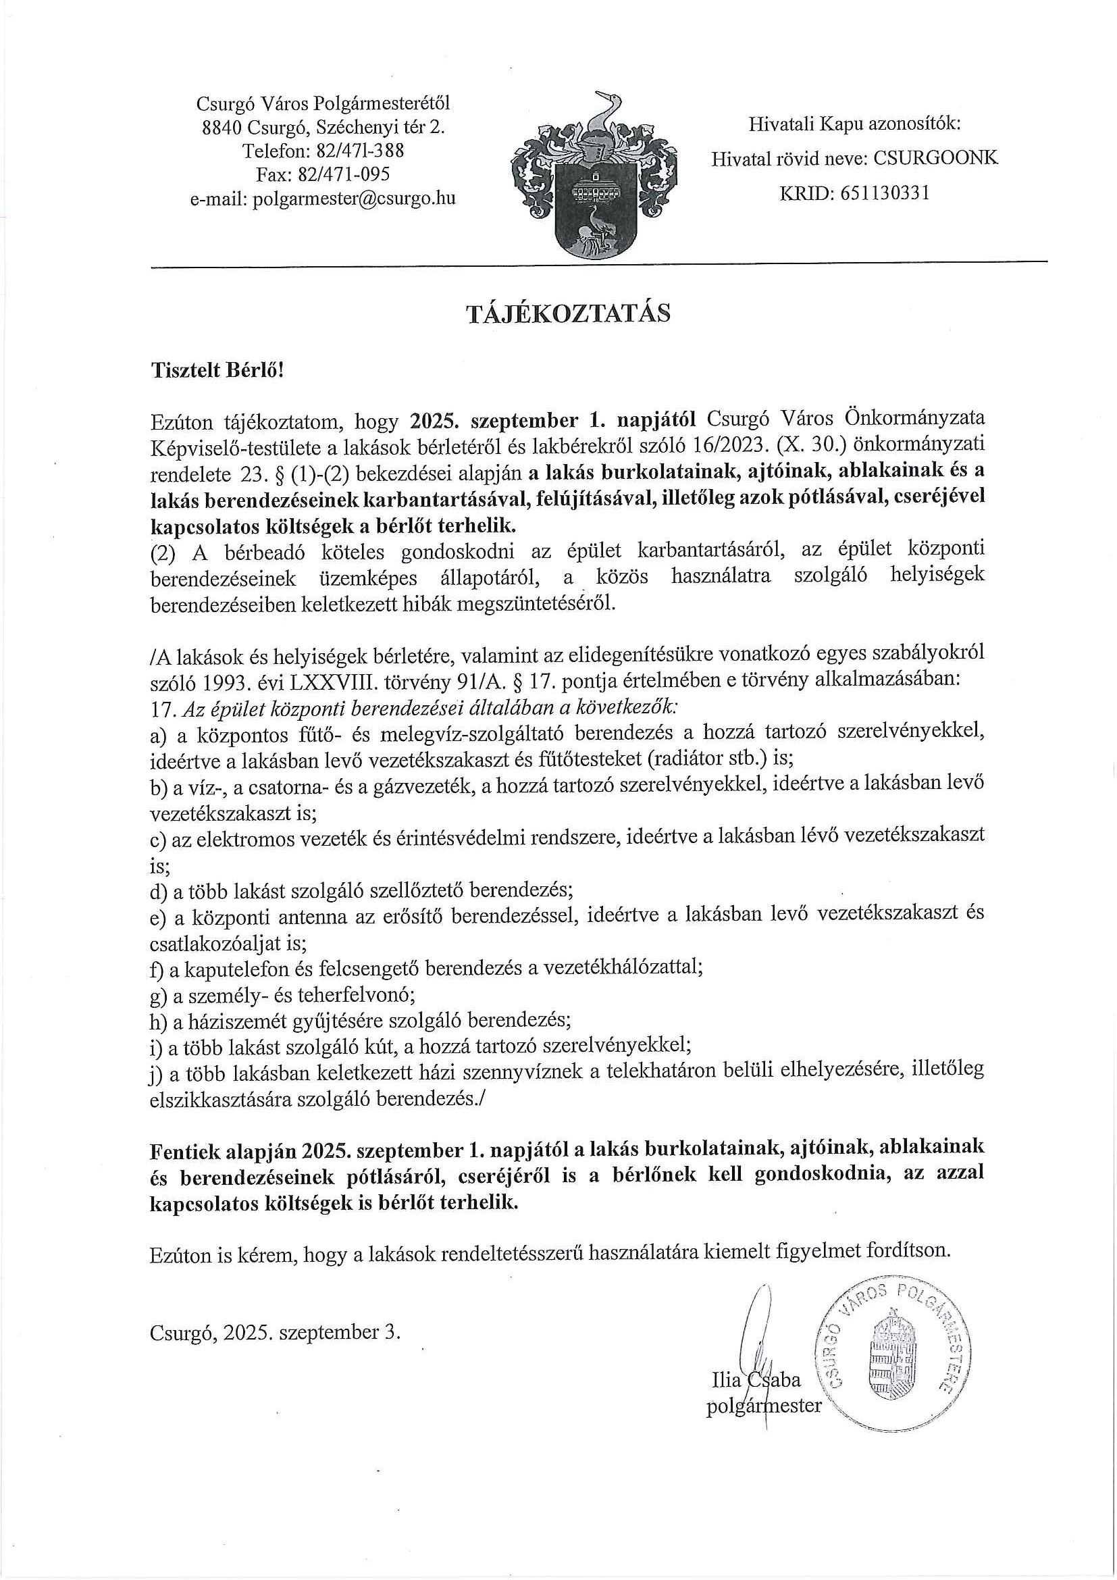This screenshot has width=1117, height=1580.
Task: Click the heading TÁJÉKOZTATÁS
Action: tap(568, 314)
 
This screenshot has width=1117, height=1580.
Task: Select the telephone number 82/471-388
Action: tap(360, 151)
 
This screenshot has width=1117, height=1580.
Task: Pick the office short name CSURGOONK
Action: tap(935, 159)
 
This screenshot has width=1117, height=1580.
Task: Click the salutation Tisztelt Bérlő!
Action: tap(217, 370)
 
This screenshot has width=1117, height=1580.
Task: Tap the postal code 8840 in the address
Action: tap(222, 127)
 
